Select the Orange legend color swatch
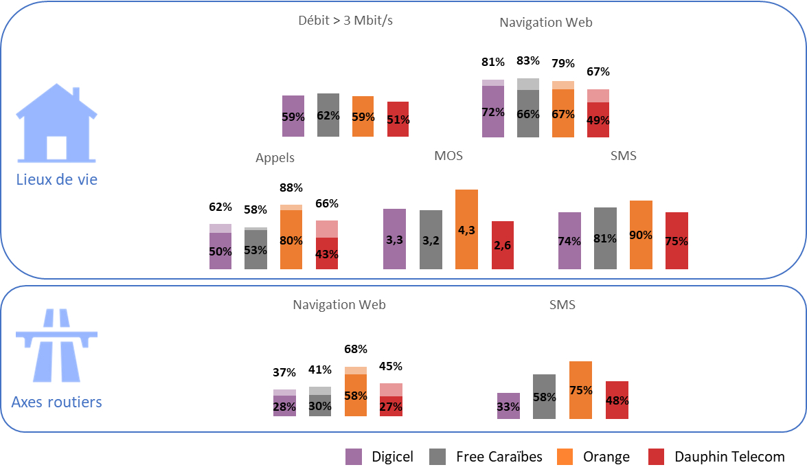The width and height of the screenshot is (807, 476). tap(565, 457)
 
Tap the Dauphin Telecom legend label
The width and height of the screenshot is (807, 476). tap(729, 457)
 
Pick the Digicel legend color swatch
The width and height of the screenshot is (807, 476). tap(354, 457)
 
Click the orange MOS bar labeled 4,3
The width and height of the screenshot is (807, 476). tap(466, 229)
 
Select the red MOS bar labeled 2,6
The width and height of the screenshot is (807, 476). tap(503, 245)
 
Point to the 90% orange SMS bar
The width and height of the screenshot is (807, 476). tap(641, 235)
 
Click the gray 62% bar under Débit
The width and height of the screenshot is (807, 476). tap(328, 115)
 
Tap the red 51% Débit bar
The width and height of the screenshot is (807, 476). tap(398, 119)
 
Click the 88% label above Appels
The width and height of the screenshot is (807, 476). tap(291, 188)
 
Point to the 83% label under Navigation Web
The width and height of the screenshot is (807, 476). tap(527, 60)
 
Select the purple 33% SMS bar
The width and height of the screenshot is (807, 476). tap(508, 406)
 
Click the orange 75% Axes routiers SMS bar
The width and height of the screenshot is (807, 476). tap(581, 390)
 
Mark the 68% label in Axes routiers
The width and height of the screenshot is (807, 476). tap(356, 349)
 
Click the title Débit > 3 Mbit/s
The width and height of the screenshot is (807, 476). tap(345, 21)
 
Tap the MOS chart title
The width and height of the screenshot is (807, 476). tap(448, 156)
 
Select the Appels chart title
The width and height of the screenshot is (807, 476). tap(275, 158)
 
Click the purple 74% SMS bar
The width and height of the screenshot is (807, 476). tap(569, 240)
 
